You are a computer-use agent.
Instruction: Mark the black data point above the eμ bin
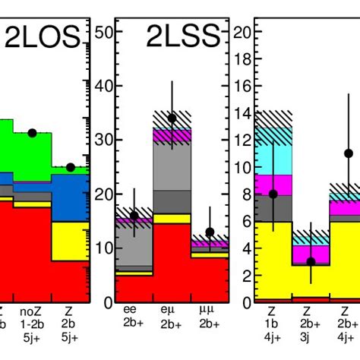click(172, 118)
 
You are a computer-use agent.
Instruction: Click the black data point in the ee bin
click(134, 216)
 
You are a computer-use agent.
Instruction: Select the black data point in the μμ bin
click(210, 232)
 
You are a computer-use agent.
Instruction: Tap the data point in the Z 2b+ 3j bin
click(311, 261)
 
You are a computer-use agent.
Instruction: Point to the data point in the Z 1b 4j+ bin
click(273, 194)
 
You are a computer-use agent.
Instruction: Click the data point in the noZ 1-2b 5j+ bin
click(32, 133)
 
